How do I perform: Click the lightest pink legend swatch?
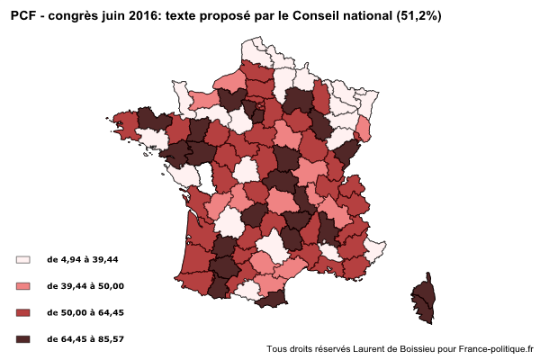(x=23, y=259)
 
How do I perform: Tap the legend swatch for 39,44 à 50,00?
(x=23, y=286)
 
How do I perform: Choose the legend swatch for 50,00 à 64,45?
(x=23, y=312)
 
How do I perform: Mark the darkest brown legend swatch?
(x=23, y=338)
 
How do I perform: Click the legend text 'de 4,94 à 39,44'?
(x=82, y=259)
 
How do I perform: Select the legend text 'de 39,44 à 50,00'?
(x=85, y=286)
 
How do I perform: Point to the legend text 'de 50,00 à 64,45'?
(x=85, y=312)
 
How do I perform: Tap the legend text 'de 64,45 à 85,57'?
(x=85, y=338)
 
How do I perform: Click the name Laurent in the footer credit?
(x=369, y=348)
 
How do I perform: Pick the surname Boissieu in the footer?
(x=421, y=348)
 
